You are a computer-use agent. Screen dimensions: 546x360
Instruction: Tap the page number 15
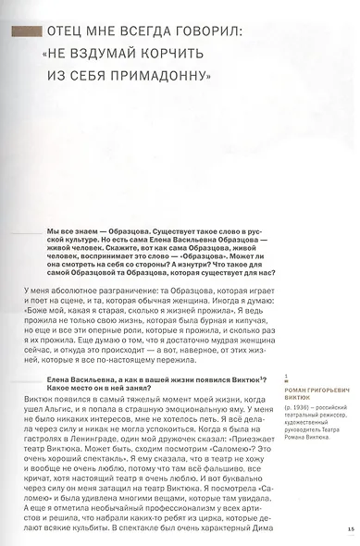353,529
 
